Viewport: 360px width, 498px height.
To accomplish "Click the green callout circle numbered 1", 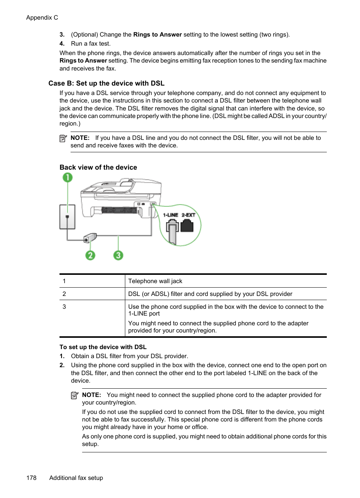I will pos(68,178).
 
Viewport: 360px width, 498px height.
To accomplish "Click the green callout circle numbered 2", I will pos(90,255).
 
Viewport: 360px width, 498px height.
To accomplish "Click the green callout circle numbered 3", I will pos(118,255).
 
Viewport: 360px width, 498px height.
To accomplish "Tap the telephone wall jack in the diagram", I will pos(67,217).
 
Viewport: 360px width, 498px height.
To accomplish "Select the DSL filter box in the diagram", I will pos(90,238).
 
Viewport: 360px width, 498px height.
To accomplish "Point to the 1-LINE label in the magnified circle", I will pos(170,215).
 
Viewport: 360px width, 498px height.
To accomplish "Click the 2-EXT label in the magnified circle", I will pos(188,215).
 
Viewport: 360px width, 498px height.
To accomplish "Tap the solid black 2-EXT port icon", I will pos(187,226).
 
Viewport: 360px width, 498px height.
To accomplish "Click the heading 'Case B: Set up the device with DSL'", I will pos(106,83).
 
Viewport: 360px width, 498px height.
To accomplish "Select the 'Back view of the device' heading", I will pos(98,167).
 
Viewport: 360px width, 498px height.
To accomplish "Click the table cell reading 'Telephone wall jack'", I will pos(155,281).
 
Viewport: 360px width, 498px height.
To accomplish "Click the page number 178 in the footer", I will pos(31,478).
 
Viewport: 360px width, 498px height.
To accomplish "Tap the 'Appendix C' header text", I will pos(42,18).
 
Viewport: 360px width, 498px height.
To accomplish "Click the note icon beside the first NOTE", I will pos(63,138).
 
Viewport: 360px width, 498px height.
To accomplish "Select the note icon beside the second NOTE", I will pos(75,395).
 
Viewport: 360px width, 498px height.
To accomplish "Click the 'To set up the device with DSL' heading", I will pos(103,347).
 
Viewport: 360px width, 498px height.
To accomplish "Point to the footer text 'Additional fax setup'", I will pos(76,478).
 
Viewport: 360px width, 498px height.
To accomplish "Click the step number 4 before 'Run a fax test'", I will pos(62,44).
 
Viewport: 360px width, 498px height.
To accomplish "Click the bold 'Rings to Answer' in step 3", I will pos(157,35).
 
